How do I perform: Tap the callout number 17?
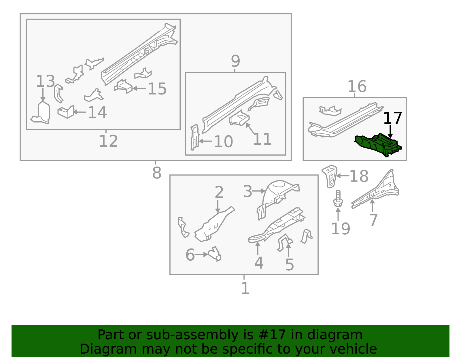coord(392,118)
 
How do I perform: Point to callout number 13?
coord(45,81)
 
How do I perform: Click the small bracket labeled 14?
coord(66,112)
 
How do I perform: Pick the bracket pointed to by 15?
coord(124,87)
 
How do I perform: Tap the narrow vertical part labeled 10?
coord(195,137)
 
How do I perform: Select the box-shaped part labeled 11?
coord(239,119)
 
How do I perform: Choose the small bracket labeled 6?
coord(215,254)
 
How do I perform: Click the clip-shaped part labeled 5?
coord(284,242)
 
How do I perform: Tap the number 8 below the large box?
coord(156,173)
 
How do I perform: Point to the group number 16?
coord(357,86)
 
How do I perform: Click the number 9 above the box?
coord(235,61)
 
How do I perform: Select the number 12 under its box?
coord(108,141)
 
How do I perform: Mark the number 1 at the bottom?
coord(245,288)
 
